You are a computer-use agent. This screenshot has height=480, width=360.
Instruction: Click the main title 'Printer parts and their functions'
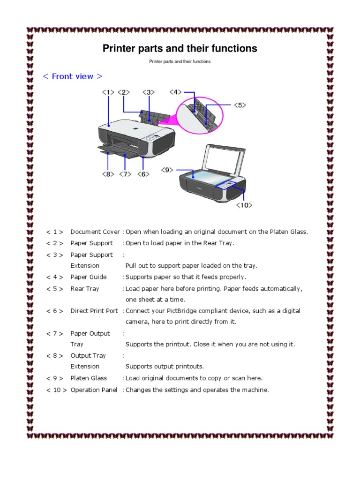pos(180,48)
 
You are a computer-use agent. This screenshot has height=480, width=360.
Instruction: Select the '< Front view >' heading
pos(72,76)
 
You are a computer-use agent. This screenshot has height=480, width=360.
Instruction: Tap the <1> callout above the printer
pos(108,92)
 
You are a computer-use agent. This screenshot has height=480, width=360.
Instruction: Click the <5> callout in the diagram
pos(240,105)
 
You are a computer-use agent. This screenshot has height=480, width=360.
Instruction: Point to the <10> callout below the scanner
pos(244,205)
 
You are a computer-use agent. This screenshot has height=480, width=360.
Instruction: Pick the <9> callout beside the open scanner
pos(168,170)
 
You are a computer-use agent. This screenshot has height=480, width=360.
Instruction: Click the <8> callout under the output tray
pos(108,174)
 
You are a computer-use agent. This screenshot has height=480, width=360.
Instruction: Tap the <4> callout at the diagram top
pos(176,92)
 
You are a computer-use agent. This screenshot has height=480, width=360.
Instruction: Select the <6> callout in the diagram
pos(143,174)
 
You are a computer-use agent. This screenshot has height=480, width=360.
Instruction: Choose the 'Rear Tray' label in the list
pos(85,289)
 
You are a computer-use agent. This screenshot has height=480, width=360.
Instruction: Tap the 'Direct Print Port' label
pos(94,311)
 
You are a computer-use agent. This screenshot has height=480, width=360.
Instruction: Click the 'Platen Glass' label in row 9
pos(89,378)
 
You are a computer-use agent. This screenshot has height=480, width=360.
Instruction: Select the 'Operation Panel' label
pos(94,390)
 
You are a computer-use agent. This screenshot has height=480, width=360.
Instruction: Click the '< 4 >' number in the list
pos(55,277)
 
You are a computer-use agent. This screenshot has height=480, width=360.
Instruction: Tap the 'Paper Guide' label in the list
pos(89,277)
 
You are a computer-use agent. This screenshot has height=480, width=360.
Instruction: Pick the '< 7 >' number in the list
pos(55,333)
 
